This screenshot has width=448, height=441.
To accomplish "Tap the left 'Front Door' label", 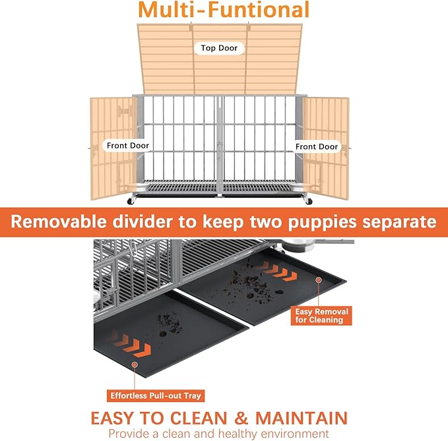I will tap(128, 146).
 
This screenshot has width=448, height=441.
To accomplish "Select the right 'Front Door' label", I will tap(317, 146).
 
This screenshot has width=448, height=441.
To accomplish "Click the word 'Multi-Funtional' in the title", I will tap(224, 11).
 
